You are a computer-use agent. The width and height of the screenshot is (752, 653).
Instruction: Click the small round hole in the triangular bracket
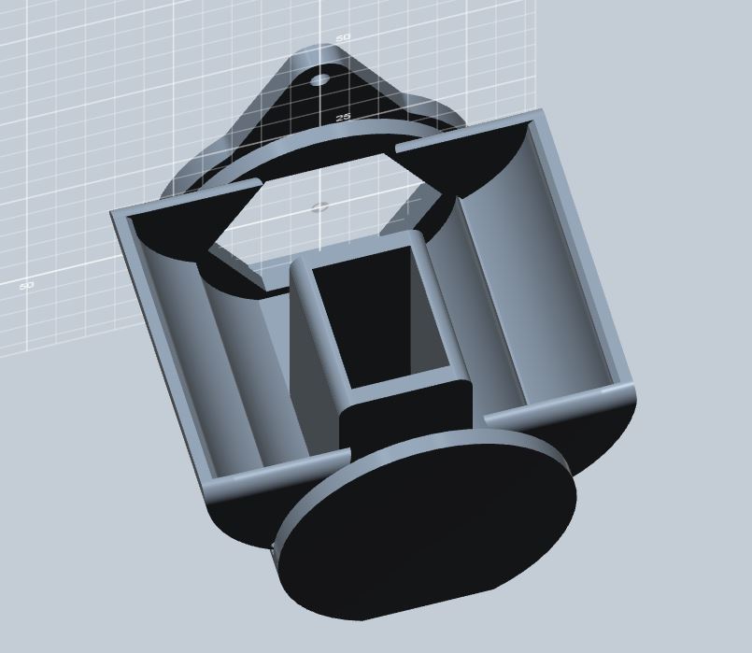tap(319, 80)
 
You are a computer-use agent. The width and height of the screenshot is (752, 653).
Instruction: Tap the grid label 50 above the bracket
tap(343, 37)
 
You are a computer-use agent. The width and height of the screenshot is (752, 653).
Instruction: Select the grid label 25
tap(342, 118)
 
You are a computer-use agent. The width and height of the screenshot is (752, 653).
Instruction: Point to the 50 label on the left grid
tap(27, 285)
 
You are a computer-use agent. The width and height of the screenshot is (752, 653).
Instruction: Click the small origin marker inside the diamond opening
tap(319, 206)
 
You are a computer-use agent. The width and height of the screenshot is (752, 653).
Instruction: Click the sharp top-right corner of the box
tap(541, 111)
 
